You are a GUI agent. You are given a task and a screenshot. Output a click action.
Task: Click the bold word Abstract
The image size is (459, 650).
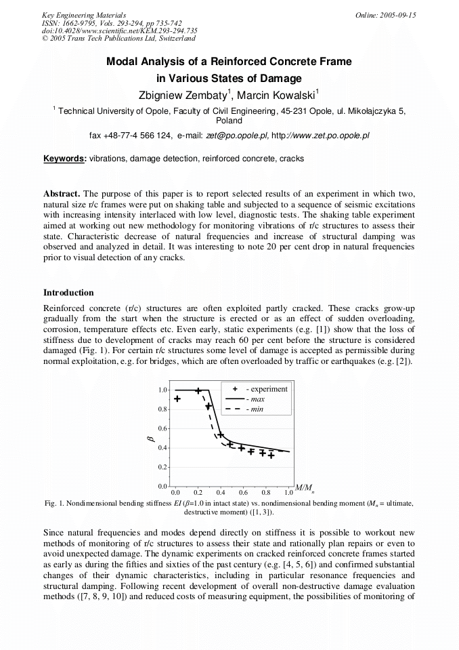point(62,194)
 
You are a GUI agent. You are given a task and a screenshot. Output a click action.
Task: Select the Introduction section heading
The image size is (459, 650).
point(68,293)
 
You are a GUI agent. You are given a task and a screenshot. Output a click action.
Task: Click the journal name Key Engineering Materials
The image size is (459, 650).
point(83,14)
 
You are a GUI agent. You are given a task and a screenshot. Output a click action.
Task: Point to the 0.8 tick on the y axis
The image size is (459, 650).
point(162,409)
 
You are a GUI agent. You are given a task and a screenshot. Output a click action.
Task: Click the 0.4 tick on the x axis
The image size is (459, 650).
point(221,492)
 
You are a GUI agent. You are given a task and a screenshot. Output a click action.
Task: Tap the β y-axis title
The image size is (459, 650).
point(151,439)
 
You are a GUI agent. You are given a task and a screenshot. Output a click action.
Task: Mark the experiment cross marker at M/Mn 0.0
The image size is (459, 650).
point(177,399)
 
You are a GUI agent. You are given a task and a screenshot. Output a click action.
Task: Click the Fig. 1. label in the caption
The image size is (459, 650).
point(54,503)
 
